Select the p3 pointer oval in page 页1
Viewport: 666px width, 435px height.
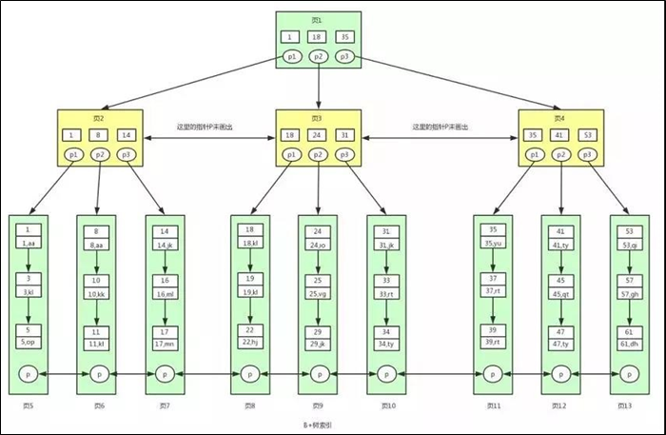(346, 57)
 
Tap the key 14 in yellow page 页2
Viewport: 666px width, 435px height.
(127, 135)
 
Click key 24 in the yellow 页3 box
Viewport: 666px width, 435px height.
(319, 135)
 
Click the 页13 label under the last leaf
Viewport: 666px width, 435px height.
(625, 406)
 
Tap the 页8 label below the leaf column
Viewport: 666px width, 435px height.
(249, 406)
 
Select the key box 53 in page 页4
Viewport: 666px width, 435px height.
(588, 135)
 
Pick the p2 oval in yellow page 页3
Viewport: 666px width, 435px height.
(319, 154)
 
